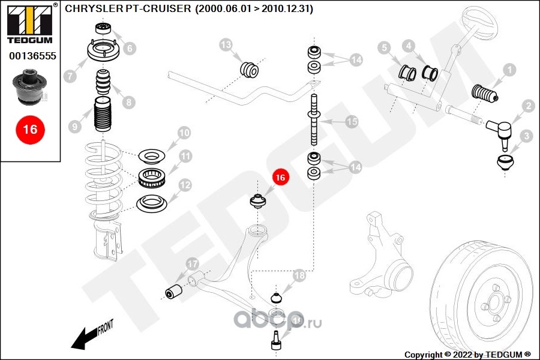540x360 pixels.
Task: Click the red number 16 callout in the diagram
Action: (x=280, y=177)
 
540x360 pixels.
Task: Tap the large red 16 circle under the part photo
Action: (x=29, y=129)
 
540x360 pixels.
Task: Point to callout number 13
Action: (x=226, y=44)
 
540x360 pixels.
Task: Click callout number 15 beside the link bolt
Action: (x=352, y=122)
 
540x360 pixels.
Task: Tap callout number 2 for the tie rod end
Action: (x=528, y=107)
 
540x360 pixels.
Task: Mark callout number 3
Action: (x=526, y=136)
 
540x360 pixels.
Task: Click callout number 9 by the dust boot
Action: (x=75, y=127)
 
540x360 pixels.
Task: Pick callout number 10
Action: (x=184, y=132)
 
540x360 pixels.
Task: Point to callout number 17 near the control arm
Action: (x=191, y=263)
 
